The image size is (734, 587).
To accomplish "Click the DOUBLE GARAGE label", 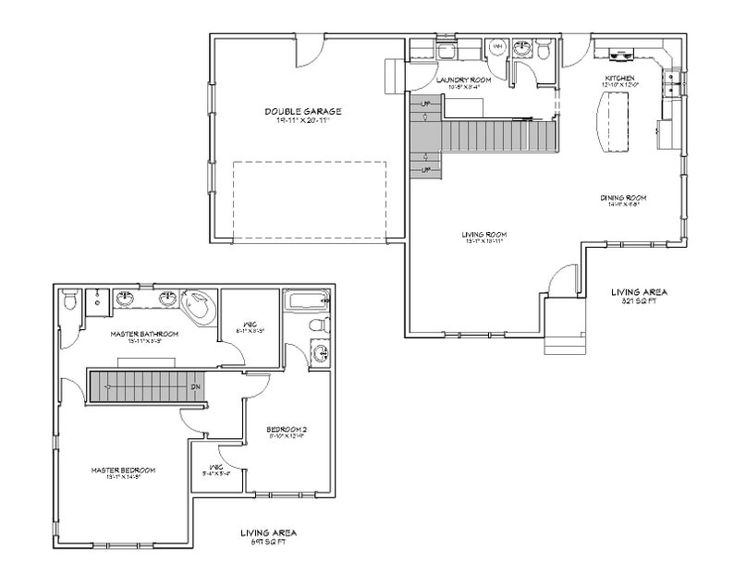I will (303, 111).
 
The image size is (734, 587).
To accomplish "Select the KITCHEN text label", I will (618, 78).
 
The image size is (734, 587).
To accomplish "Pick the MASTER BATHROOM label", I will (143, 334).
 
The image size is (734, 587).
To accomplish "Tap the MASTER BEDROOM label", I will (122, 471).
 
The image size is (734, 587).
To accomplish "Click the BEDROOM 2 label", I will (287, 430).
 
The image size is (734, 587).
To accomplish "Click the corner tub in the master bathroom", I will (196, 304).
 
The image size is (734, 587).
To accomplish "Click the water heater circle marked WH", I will (497, 46).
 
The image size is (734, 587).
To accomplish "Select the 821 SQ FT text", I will (638, 301).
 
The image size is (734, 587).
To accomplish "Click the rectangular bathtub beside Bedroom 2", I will (305, 300).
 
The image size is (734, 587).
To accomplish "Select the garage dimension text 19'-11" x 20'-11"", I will (303, 121).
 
